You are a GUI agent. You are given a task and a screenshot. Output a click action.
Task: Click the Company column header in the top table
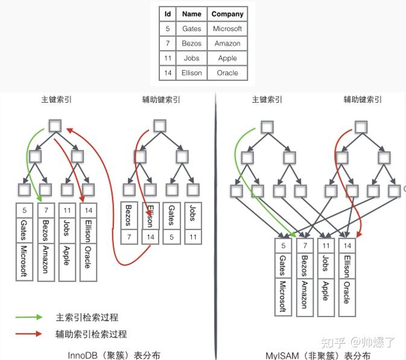point(227,14)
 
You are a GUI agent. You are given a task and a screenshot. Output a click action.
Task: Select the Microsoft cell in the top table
point(227,28)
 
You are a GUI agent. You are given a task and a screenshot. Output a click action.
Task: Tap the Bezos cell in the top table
point(192,43)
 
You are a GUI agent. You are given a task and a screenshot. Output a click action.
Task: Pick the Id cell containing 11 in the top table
point(168,58)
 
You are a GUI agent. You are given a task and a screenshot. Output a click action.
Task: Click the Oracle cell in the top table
point(227,73)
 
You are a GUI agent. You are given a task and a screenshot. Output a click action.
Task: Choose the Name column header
point(192,14)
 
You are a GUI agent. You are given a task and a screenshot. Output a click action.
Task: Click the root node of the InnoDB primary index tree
point(55,126)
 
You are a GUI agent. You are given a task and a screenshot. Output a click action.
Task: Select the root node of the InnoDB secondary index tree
point(160,126)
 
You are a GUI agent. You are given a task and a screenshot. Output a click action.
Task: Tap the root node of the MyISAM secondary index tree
point(361,127)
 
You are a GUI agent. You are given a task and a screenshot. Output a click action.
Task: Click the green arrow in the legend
point(29,317)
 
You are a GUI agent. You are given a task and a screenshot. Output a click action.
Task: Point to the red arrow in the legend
point(29,333)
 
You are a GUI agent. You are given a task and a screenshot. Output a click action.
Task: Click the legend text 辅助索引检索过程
point(91,334)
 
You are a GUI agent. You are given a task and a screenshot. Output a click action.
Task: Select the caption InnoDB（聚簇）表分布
point(114,355)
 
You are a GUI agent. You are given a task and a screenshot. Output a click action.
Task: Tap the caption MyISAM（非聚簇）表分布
point(318,355)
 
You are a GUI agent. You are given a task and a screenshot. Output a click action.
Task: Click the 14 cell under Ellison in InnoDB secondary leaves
point(150,237)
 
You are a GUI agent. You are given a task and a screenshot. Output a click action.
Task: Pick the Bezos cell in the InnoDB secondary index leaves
point(129,216)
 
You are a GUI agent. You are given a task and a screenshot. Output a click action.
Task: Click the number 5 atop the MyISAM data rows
point(284,245)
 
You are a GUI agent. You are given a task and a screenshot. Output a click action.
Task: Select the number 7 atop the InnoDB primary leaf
point(46,210)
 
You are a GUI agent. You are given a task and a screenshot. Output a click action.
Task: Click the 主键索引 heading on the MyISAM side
point(267,100)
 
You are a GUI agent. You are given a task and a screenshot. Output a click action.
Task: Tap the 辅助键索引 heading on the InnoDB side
point(161,100)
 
